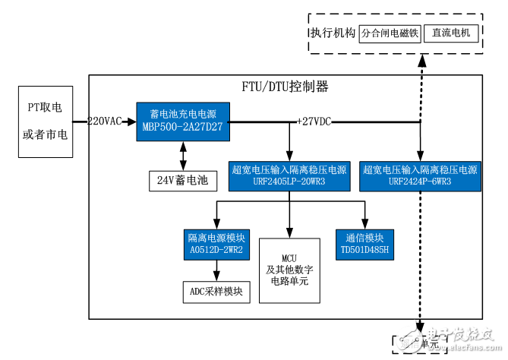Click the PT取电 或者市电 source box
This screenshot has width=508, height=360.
click(x=44, y=122)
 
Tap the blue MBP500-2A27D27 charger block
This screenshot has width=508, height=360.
click(x=182, y=120)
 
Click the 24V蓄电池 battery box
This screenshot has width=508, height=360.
click(x=182, y=181)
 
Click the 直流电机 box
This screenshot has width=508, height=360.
click(x=451, y=33)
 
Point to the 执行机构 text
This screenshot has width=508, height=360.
click(x=332, y=34)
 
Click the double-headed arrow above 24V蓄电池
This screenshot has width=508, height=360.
click(x=182, y=156)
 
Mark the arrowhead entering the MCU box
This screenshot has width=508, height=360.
click(x=289, y=233)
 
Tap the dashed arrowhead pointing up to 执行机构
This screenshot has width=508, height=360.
click(x=420, y=62)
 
